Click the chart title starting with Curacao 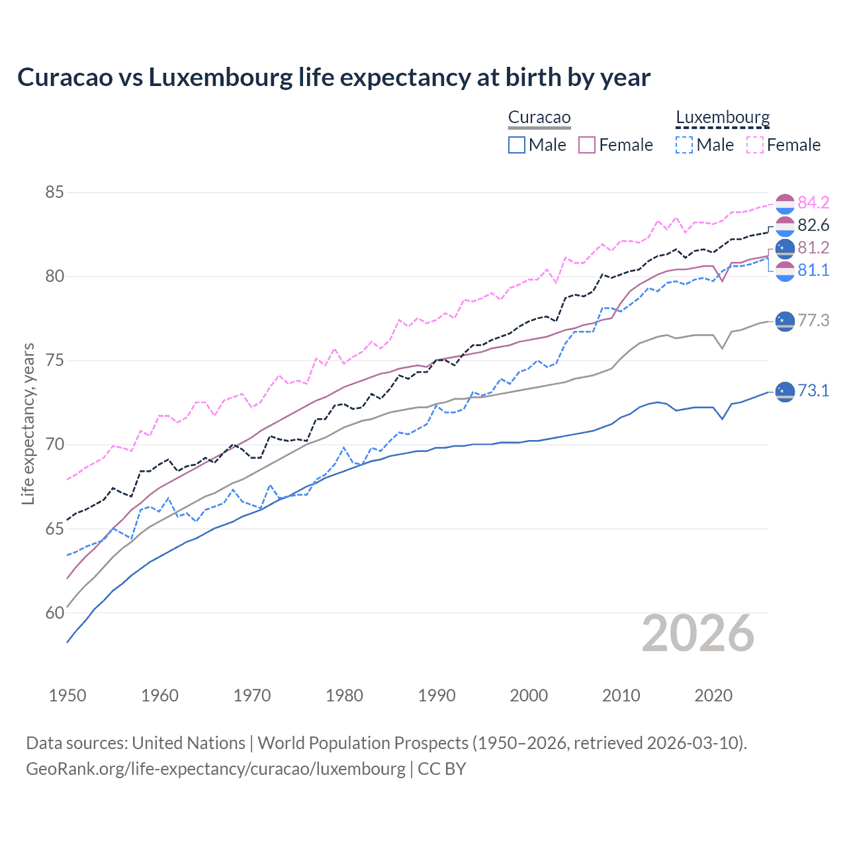[334, 77]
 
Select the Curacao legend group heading [539, 118]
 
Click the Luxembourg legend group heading [723, 118]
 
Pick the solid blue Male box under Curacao [517, 145]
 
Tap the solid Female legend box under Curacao [587, 145]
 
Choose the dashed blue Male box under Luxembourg [684, 145]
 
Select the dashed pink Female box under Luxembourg [755, 145]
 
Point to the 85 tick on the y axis [54, 193]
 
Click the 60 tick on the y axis [54, 613]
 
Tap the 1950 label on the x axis [67, 695]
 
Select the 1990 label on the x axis [437, 695]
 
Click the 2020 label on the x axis [713, 695]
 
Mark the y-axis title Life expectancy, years [28, 423]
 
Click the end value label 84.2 [813, 202]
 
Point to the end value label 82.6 [813, 225]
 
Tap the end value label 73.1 [813, 390]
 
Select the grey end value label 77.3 [813, 320]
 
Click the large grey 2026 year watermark [698, 633]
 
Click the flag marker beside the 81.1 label [785, 271]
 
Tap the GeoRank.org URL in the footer [216, 769]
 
